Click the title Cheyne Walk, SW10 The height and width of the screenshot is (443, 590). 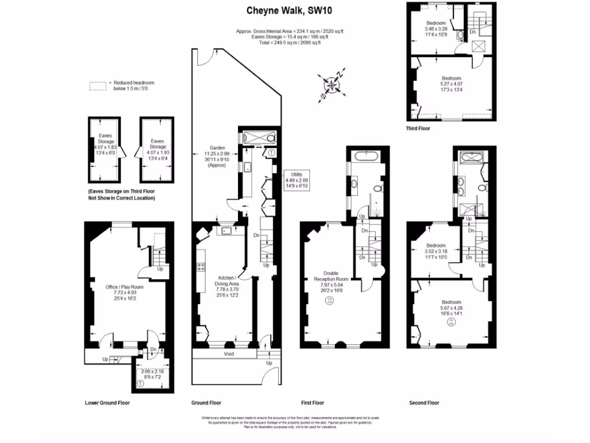click(282, 10)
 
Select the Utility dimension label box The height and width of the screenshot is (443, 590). click(297, 180)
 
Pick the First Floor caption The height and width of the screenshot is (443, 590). click(314, 403)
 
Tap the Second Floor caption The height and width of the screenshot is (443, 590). click(424, 403)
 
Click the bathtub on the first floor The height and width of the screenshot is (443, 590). click(366, 156)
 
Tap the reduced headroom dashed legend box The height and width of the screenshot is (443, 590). click(99, 86)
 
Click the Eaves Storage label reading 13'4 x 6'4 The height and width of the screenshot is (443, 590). click(157, 149)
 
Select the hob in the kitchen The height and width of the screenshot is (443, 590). click(201, 266)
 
